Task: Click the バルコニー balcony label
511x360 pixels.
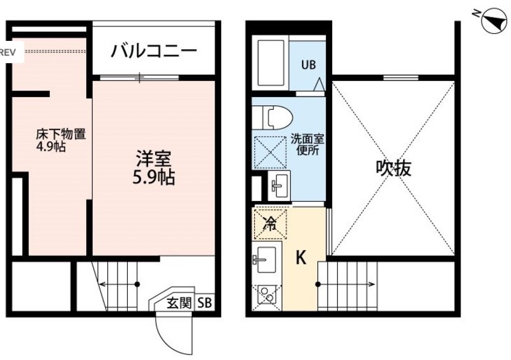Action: pos(154,51)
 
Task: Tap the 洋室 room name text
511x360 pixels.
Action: pos(153,159)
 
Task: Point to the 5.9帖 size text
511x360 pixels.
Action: pos(153,177)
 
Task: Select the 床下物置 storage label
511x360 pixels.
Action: pos(61,134)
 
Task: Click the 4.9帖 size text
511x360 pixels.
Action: pos(51,147)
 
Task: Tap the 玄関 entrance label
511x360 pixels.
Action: pos(179,303)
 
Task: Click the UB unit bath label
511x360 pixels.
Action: pos(309,65)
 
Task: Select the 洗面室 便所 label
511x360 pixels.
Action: pos(307,145)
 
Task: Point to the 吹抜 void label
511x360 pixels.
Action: pos(393,168)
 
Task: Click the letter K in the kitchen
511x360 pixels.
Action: pos(301,257)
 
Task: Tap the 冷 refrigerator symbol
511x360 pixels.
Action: pos(270,224)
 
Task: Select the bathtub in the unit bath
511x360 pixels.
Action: pos(271,63)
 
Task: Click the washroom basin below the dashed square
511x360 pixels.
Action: pos(278,185)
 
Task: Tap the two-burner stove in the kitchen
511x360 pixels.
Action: pos(267,294)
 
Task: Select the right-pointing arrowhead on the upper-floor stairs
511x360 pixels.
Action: pos(372,284)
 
